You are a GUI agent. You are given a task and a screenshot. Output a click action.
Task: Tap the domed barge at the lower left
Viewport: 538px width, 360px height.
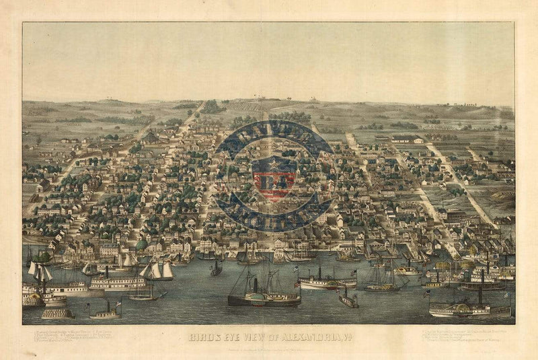57,312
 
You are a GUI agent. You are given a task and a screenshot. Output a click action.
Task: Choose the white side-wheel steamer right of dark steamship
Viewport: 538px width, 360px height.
326,283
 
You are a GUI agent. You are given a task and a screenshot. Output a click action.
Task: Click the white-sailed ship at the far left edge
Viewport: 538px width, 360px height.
39,273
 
